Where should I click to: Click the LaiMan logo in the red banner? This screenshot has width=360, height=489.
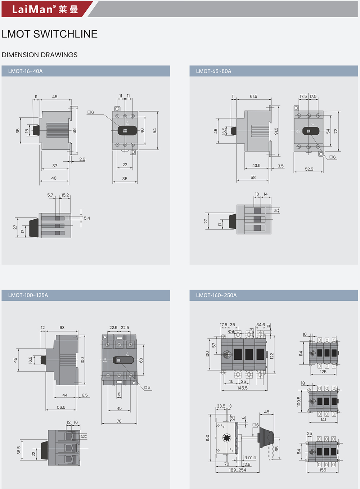click(x=45, y=9)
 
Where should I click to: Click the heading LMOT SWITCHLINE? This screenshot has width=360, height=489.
click(x=50, y=34)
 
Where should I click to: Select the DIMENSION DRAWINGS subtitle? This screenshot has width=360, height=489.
click(x=40, y=55)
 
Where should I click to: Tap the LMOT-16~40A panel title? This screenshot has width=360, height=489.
click(x=26, y=71)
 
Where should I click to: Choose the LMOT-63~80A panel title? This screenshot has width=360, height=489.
click(x=213, y=71)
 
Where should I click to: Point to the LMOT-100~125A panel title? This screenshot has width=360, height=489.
click(x=28, y=295)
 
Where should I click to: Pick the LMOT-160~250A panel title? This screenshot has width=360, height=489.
click(x=216, y=295)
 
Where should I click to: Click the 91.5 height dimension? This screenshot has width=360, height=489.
click(x=276, y=131)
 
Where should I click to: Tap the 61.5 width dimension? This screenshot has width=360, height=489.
click(x=253, y=97)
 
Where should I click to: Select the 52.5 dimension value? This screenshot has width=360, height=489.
click(x=309, y=169)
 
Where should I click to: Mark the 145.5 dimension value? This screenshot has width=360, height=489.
click(x=242, y=388)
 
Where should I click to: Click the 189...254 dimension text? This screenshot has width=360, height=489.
click(x=238, y=470)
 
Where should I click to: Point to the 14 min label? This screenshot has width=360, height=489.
click(x=249, y=457)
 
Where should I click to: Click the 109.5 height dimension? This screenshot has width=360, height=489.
click(x=299, y=401)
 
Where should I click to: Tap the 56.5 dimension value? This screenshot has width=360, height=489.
click(x=61, y=407)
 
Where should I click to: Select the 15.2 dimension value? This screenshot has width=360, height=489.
click(x=65, y=195)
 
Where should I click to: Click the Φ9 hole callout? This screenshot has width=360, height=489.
click(x=231, y=331)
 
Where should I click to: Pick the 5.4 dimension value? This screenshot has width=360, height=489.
click(x=87, y=218)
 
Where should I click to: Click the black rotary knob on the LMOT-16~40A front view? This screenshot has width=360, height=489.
click(x=127, y=131)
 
